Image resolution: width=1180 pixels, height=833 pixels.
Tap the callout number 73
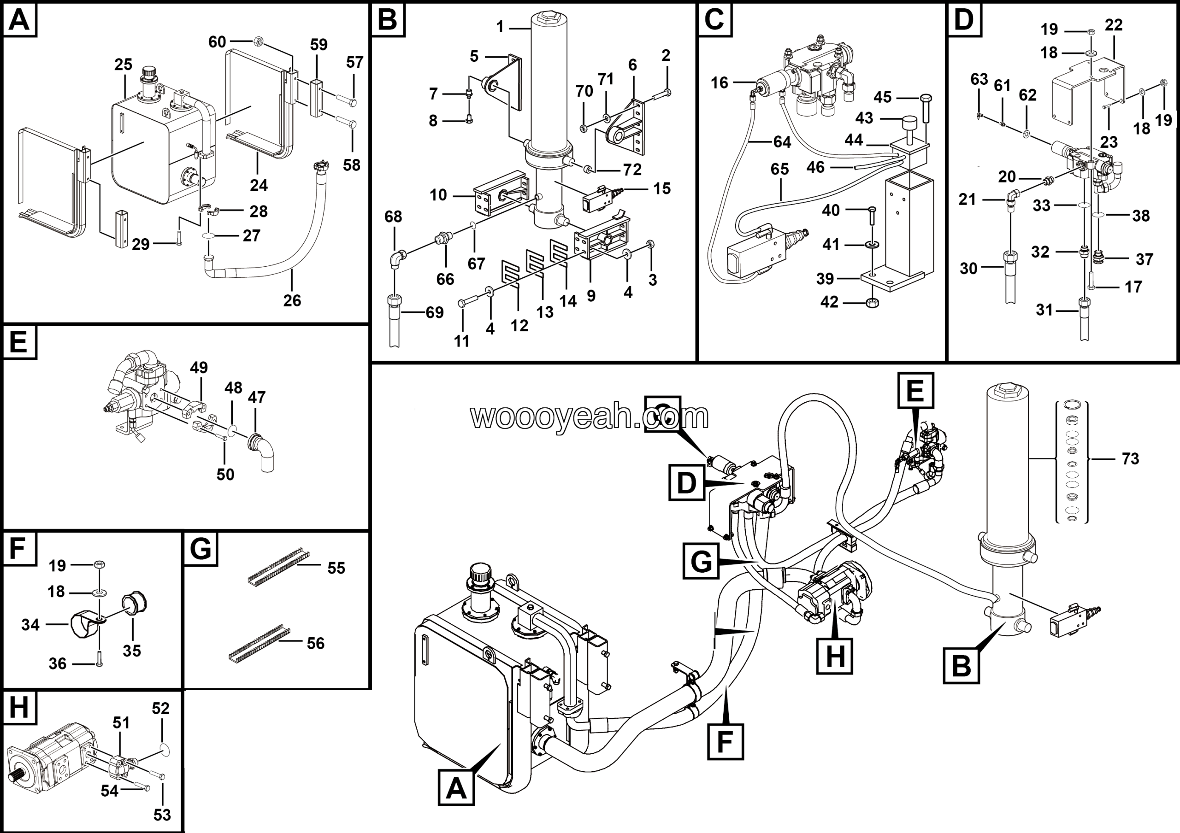point(1130,458)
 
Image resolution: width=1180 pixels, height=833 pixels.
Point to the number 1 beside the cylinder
point(500,27)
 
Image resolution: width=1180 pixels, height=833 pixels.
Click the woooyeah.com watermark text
point(589,416)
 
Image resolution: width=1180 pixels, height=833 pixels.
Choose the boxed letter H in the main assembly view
point(835,655)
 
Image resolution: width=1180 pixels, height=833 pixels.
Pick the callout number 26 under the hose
point(292,300)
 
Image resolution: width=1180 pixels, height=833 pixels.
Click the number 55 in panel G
point(336,568)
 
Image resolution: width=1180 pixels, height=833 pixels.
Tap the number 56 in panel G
point(316,643)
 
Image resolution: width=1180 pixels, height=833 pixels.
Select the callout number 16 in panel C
point(720,82)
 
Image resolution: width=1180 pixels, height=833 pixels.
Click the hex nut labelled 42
point(870,303)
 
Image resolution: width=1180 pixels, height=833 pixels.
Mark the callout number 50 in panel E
point(225,475)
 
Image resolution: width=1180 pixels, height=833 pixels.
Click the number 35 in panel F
point(132,651)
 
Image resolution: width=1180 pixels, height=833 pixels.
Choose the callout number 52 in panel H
point(160,708)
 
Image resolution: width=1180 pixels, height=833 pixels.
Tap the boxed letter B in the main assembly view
point(961,666)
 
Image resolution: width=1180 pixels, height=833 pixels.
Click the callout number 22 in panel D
point(1113,25)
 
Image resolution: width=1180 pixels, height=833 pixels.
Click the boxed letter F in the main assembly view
point(725,742)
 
